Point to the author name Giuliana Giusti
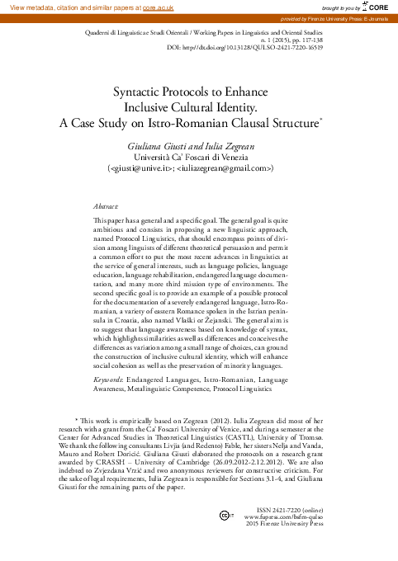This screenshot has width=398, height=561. click(158, 144)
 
